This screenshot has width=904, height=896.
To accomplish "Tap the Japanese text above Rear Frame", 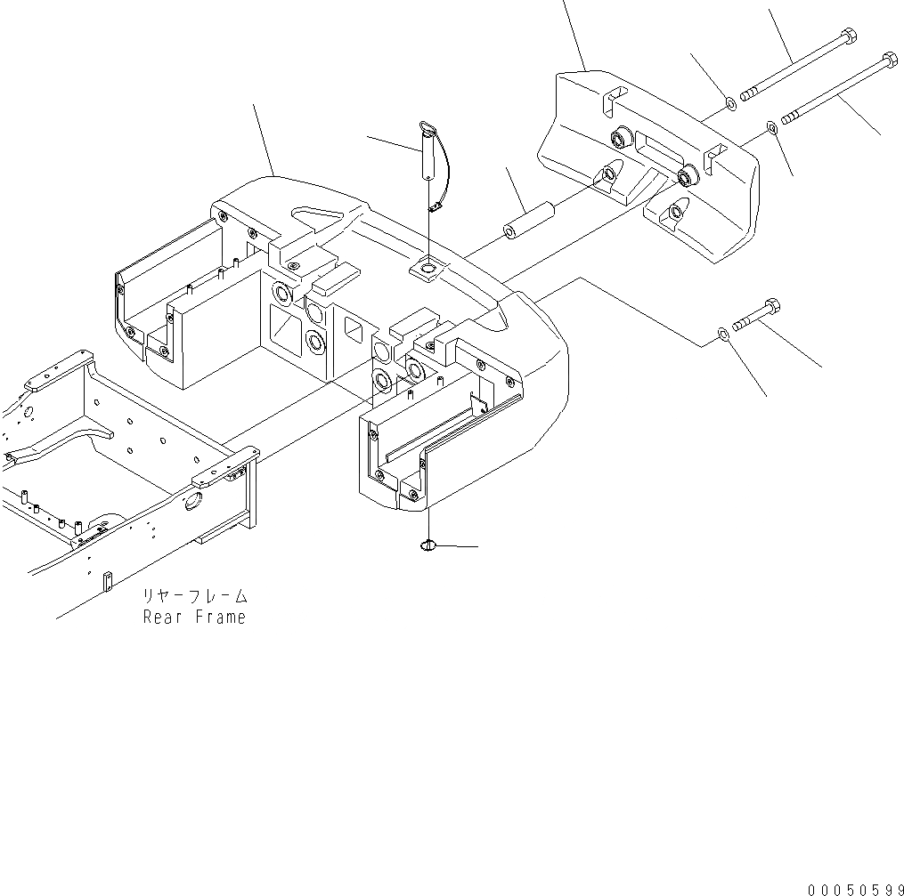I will [x=194, y=596].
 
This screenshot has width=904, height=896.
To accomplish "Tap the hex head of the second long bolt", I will [x=887, y=61].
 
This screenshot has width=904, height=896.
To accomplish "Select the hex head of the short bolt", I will [x=771, y=306].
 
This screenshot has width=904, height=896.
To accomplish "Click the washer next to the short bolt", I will [x=722, y=335].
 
